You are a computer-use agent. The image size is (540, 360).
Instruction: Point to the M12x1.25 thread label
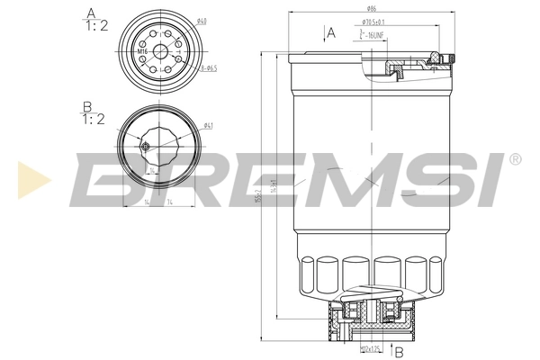[x=371, y=346]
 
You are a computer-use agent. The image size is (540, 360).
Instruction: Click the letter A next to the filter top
[x=331, y=33]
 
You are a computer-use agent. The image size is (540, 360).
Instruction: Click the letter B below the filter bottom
[x=398, y=352]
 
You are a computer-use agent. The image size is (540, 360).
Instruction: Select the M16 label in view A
[x=141, y=51]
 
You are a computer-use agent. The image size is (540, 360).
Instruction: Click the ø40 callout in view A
[x=202, y=22]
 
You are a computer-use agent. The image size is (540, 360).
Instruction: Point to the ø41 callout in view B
[x=207, y=125]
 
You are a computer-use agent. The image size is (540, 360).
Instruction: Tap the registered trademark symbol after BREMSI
[x=514, y=159]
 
